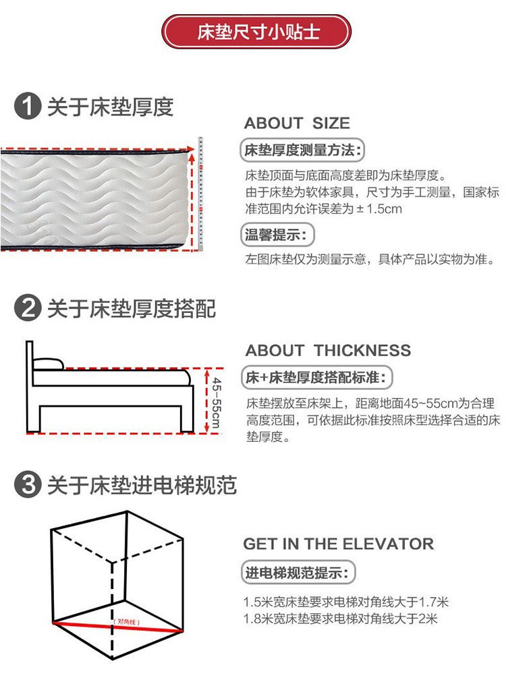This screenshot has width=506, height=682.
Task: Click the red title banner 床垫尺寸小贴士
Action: pyautogui.click(x=256, y=32)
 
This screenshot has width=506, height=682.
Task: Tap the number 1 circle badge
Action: pyautogui.click(x=28, y=107)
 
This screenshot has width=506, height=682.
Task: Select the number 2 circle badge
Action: pyautogui.click(x=28, y=308)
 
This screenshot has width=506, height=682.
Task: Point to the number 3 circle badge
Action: pyautogui.click(x=28, y=484)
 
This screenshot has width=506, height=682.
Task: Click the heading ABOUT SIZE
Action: pyautogui.click(x=297, y=123)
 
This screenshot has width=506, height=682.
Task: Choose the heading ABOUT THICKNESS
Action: pyautogui.click(x=329, y=350)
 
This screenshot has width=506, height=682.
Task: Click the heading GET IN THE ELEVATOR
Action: pyautogui.click(x=339, y=544)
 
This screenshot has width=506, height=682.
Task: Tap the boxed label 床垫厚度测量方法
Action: pyautogui.click(x=302, y=150)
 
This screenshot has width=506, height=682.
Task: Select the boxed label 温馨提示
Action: pyautogui.click(x=277, y=235)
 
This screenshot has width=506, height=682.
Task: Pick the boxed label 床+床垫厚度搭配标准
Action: pyautogui.click(x=316, y=377)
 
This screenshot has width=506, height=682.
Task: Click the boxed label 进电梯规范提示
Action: pyautogui.click(x=298, y=573)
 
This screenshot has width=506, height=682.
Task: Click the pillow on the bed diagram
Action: pyautogui.click(x=49, y=364)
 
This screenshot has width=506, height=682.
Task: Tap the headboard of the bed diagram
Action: pyautogui.click(x=30, y=387)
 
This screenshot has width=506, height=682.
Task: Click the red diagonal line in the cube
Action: pyautogui.click(x=117, y=627)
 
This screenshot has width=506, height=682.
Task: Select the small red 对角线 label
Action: pyautogui.click(x=126, y=622)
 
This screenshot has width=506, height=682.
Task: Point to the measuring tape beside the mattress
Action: pyautogui.click(x=200, y=194)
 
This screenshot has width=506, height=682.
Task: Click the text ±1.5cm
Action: pyautogui.click(x=379, y=208)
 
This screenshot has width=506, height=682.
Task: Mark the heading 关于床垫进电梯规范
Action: pyautogui.click(x=142, y=485)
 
